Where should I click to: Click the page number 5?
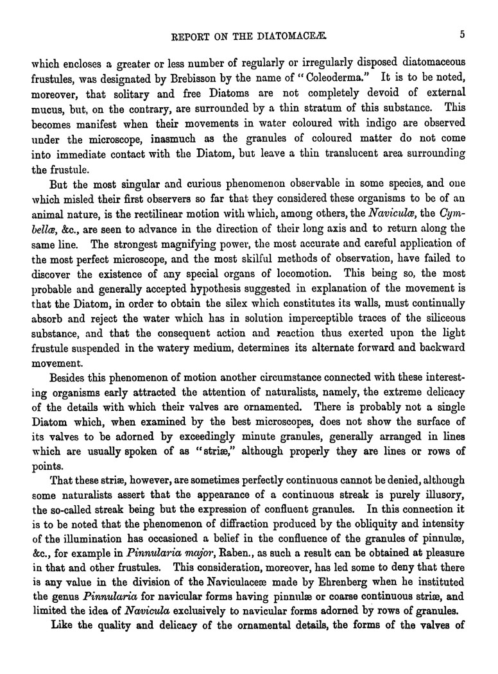pos(462,35)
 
